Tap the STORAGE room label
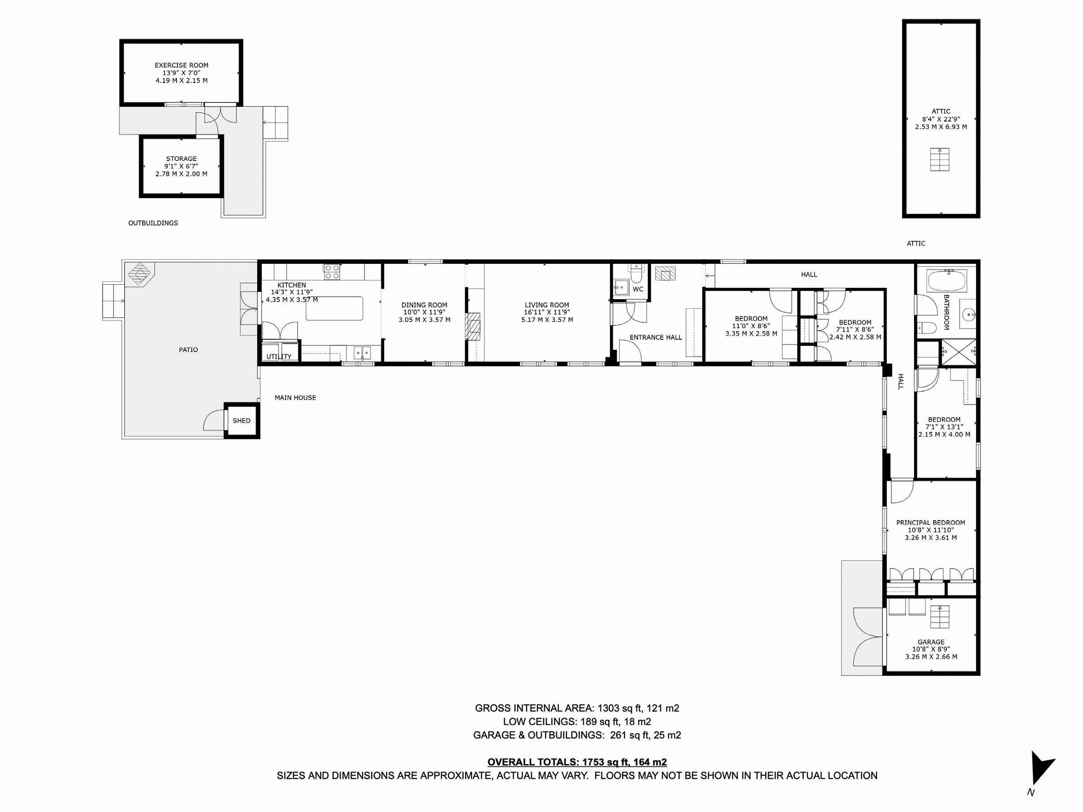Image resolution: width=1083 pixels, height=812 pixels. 181,159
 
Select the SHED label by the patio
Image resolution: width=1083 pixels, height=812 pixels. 241,420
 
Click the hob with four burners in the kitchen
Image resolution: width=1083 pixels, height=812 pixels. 332,272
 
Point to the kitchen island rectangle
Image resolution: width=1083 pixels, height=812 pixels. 335,308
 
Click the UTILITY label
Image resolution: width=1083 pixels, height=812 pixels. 279,356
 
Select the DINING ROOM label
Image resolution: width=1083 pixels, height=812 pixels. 424,305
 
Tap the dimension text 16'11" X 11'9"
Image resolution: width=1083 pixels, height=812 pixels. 547,312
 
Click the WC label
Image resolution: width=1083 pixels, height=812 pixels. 638,289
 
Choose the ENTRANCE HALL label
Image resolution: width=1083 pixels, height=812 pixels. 655,337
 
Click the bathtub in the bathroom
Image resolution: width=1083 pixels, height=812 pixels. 947,282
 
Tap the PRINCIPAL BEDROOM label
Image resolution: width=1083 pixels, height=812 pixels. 931,523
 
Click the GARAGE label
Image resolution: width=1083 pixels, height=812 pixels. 931,642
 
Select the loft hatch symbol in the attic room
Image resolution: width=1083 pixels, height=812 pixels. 940,160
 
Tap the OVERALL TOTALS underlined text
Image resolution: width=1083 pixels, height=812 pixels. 577,762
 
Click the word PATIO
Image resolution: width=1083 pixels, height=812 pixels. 188,350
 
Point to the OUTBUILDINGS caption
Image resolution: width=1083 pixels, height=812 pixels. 153,223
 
